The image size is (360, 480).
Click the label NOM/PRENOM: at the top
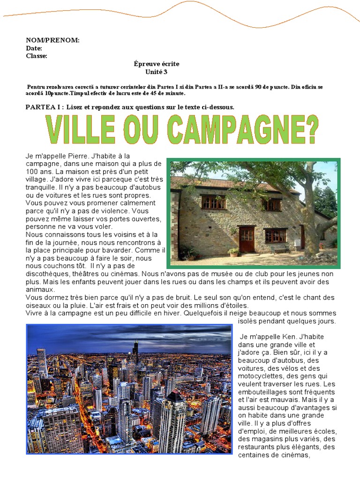coord(52,40)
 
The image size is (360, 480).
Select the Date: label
coord(34,48)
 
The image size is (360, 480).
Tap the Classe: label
coord(37,56)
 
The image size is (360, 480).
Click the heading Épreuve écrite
coord(157,64)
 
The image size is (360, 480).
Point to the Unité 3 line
coord(157,72)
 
